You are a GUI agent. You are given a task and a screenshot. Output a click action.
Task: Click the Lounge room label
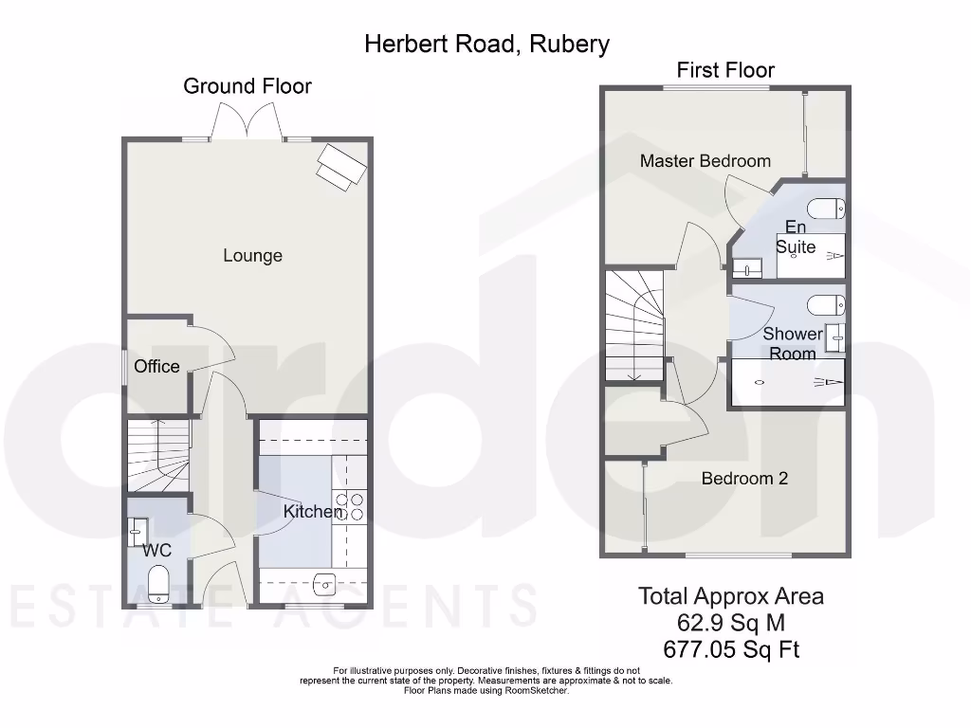tap(252, 256)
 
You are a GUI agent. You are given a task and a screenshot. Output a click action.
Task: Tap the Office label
tap(156, 367)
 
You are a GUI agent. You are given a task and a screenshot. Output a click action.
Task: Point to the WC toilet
tap(158, 582)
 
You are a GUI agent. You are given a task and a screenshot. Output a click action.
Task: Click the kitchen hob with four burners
tap(350, 507)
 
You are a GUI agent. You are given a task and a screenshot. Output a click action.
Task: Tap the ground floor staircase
tap(158, 457)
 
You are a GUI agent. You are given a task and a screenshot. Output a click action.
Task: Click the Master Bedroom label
tap(705, 161)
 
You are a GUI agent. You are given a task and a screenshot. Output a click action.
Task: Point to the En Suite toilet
tap(825, 209)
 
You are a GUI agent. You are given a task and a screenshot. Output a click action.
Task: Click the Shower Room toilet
tap(825, 305)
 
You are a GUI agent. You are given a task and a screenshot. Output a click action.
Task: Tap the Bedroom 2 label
tap(744, 479)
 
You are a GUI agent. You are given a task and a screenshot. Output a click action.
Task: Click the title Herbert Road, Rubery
tap(486, 44)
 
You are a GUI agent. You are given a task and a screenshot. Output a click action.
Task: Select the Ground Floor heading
tap(247, 86)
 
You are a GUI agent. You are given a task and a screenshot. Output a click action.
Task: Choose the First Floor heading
tap(725, 70)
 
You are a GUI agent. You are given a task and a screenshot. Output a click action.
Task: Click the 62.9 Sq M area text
tap(730, 623)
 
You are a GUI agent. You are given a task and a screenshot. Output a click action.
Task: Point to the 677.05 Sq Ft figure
tap(730, 650)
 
